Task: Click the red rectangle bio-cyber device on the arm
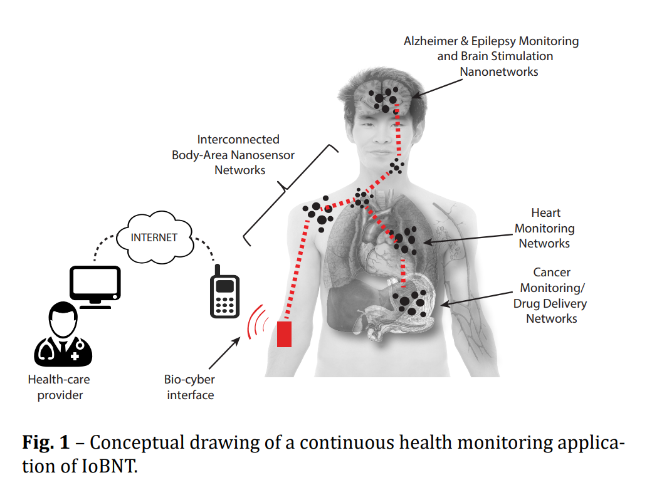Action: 285,333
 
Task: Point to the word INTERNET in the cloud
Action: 154,237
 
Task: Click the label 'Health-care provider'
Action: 60,387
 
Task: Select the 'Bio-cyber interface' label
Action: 189,387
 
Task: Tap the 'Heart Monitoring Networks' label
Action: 544,228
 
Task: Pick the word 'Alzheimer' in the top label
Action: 433,41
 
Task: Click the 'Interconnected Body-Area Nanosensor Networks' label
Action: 233,154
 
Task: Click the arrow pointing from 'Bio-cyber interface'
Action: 223,354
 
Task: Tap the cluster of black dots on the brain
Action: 384,98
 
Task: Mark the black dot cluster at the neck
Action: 396,167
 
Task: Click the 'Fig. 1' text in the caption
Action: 46,443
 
